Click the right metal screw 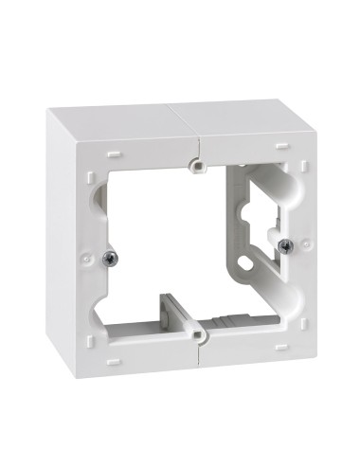pyautogui.click(x=285, y=245)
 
